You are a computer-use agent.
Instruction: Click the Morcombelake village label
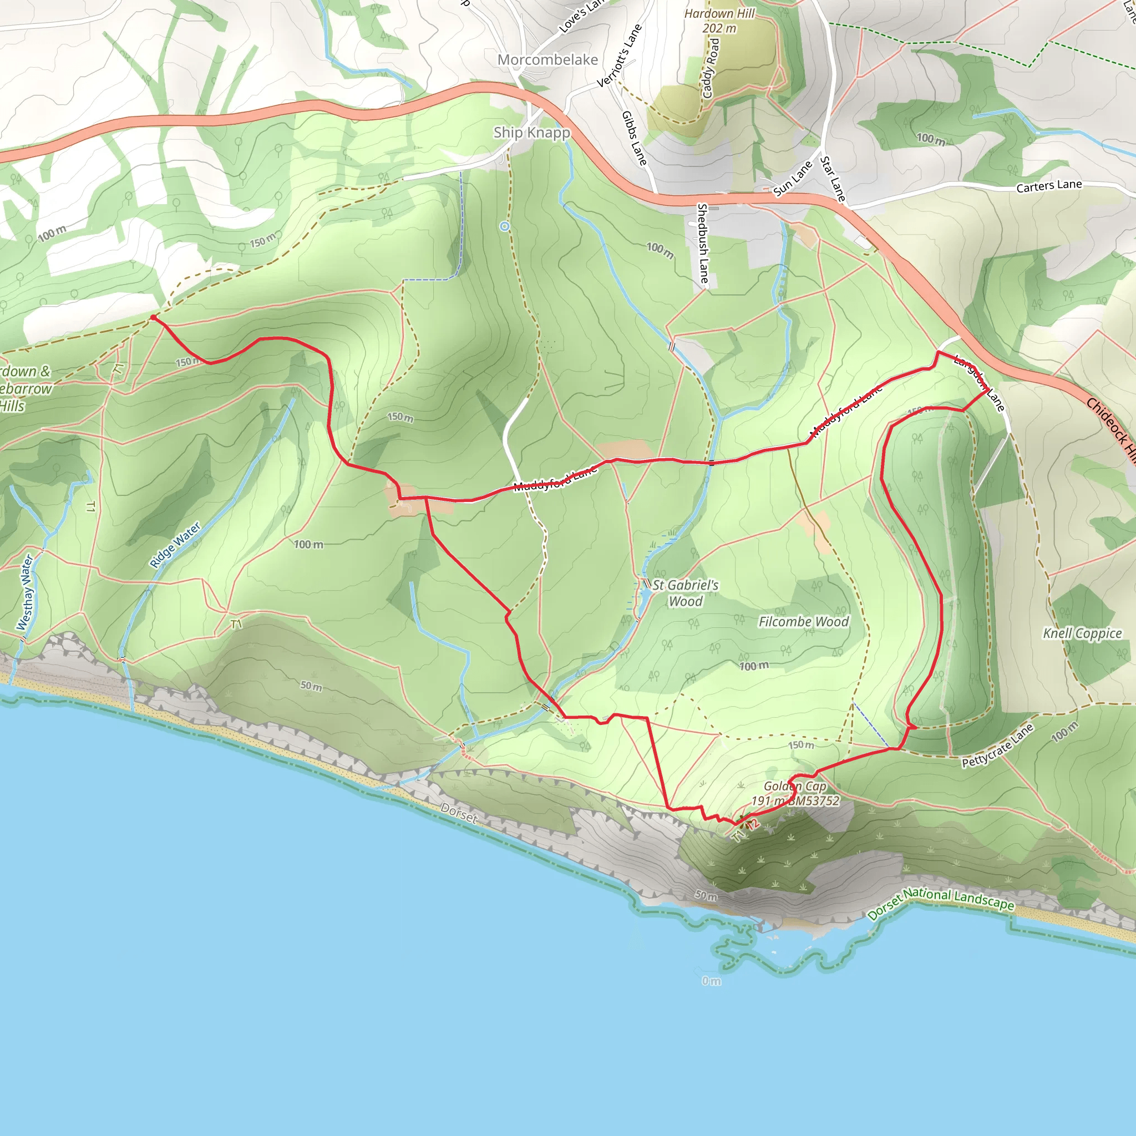[x=547, y=59]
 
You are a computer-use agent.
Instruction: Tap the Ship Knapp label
[x=531, y=133]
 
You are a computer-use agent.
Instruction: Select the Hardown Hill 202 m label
[x=719, y=21]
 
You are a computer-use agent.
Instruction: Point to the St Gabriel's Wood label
[x=685, y=593]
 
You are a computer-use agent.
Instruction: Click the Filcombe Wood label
[x=803, y=621]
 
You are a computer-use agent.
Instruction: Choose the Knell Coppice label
[x=1082, y=633]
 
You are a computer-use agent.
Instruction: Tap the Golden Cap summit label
[x=795, y=793]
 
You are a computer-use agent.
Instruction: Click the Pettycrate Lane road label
[x=998, y=745]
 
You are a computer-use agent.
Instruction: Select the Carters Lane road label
[x=1049, y=185]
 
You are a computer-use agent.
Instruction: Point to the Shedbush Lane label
[x=703, y=243]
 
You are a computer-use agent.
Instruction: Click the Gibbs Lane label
[x=634, y=138]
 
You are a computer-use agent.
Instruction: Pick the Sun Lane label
[x=792, y=177]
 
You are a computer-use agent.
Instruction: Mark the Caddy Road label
[x=711, y=68]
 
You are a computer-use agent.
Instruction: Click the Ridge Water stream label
[x=175, y=545]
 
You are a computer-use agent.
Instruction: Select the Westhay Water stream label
[x=26, y=591]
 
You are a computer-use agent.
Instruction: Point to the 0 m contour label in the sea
[x=711, y=981]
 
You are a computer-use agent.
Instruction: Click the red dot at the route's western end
[x=153, y=317]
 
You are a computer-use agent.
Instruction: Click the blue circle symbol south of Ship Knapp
[x=505, y=226]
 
